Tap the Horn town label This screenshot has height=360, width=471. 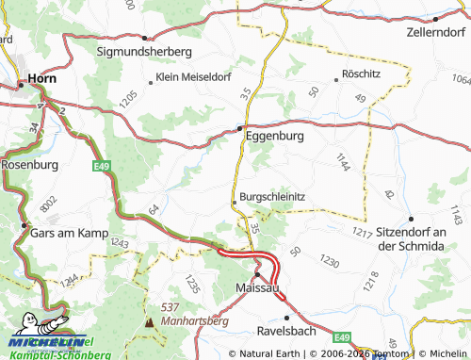42,80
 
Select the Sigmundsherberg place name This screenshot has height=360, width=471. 145,50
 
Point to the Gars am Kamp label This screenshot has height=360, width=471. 70,232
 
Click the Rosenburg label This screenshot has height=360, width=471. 30,164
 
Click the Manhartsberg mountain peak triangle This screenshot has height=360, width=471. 149,322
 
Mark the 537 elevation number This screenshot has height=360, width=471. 170,308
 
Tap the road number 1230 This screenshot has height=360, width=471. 329,258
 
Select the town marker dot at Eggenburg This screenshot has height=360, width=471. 240,128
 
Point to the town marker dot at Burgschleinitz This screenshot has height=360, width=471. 234,202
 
